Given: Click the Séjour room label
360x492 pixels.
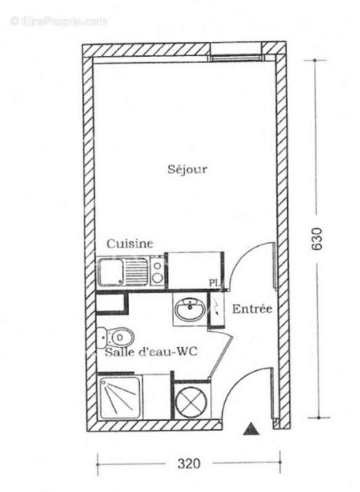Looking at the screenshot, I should (187, 170).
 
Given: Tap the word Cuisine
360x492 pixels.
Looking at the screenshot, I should (130, 244).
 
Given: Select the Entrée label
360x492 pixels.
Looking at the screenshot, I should (252, 309).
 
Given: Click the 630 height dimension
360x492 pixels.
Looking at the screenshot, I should (317, 240).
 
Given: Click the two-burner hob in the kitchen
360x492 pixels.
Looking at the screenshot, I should (158, 271).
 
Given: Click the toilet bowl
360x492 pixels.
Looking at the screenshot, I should (117, 337).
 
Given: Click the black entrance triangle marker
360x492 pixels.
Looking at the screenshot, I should (250, 429).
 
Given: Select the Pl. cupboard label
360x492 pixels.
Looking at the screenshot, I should (214, 283).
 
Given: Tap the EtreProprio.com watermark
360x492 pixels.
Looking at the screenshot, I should (58, 21).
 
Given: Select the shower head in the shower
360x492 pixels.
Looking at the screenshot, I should (105, 384).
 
